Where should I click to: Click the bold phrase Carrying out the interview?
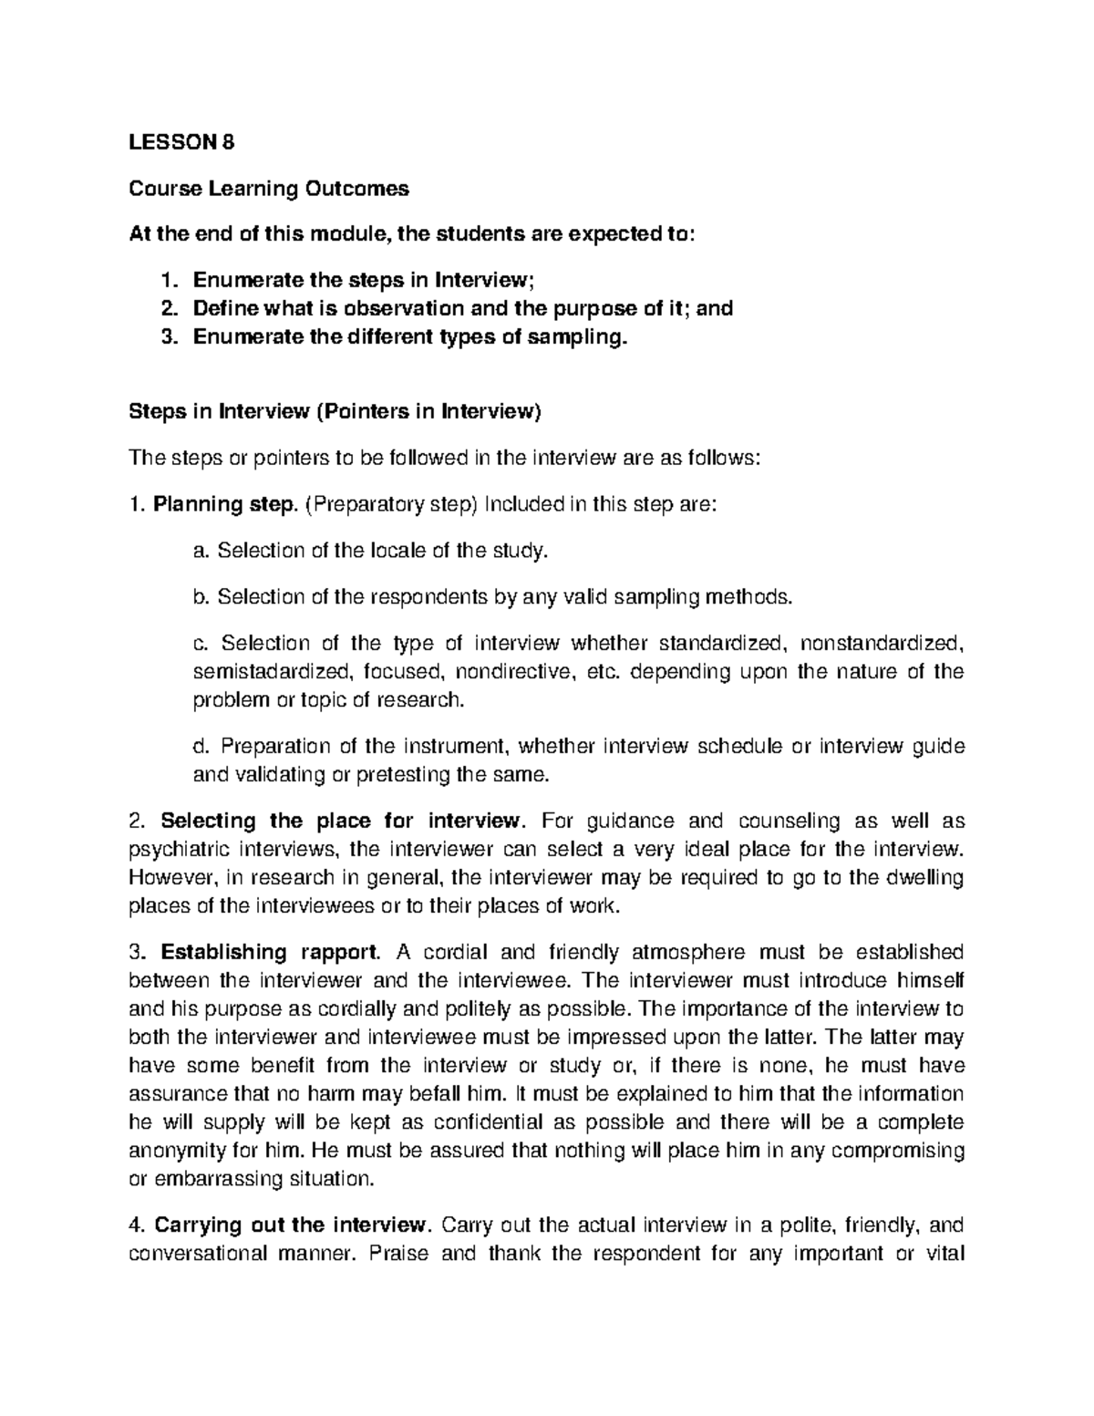(290, 1225)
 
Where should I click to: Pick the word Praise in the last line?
(397, 1253)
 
